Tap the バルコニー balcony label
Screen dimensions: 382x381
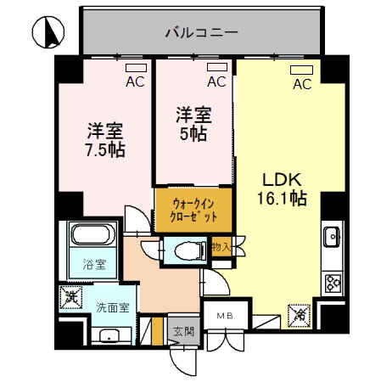(x=200, y=33)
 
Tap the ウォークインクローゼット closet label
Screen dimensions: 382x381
(x=193, y=209)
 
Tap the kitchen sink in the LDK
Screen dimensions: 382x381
(x=332, y=236)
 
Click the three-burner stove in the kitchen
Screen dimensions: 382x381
(x=332, y=283)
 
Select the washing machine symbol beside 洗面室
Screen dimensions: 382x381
(x=71, y=298)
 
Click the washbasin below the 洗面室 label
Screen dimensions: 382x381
(x=109, y=335)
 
